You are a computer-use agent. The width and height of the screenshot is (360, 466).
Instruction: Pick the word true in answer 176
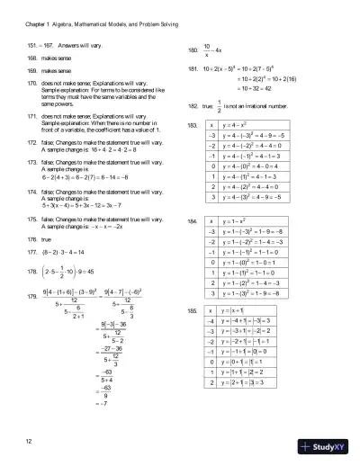point(59,240)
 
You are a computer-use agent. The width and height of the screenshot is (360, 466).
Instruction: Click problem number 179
point(33,295)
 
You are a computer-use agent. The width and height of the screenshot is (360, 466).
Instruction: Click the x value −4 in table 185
point(211,321)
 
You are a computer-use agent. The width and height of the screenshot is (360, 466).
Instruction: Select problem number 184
point(192,220)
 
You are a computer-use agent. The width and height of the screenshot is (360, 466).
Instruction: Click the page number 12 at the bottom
point(30,441)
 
